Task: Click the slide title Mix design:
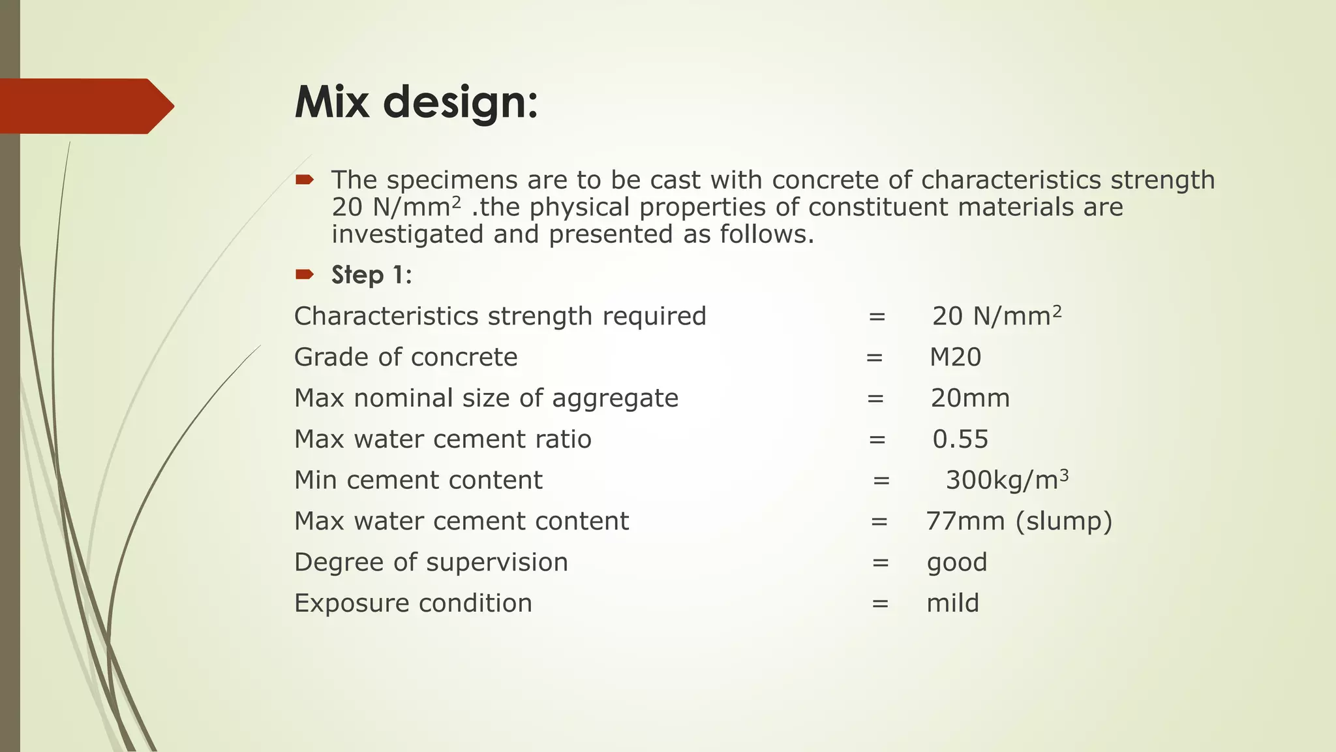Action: [416, 103]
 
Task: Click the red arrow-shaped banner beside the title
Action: [85, 106]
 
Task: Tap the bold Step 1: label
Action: [371, 275]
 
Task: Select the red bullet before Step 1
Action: [305, 274]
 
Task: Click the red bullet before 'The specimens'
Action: [305, 180]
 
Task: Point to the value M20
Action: [955, 357]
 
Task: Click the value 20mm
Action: [970, 398]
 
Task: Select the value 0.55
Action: [960, 439]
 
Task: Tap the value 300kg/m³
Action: [1007, 480]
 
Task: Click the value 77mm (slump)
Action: [1019, 522]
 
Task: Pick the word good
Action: [957, 563]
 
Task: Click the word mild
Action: [952, 603]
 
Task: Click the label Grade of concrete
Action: [406, 357]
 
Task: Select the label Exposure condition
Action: [413, 603]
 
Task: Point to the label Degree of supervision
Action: [431, 562]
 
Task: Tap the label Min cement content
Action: [418, 480]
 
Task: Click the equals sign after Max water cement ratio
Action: [877, 439]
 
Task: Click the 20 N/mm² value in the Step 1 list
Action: [996, 316]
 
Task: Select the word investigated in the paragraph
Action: [407, 234]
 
